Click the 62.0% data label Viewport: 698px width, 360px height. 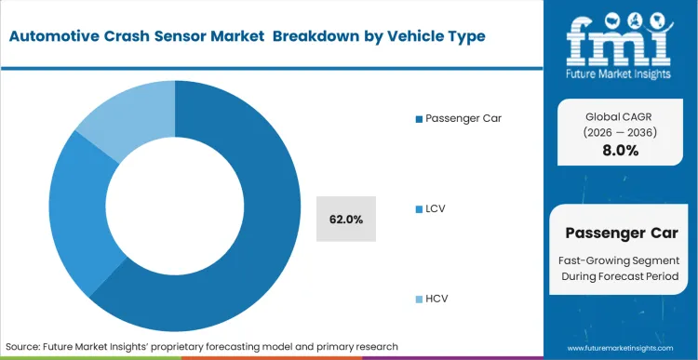coord(346,220)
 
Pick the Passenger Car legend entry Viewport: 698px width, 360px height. coord(463,119)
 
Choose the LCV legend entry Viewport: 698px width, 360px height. coord(436,210)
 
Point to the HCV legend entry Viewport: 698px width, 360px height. coord(437,300)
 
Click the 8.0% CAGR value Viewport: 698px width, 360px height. coord(620,151)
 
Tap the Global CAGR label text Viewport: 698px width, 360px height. coord(620,115)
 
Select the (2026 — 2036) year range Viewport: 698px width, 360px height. coord(620,132)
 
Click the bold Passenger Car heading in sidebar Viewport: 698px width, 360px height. coord(620,233)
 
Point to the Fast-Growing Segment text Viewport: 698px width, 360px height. coord(620,260)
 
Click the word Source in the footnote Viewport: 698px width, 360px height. coord(26,346)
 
